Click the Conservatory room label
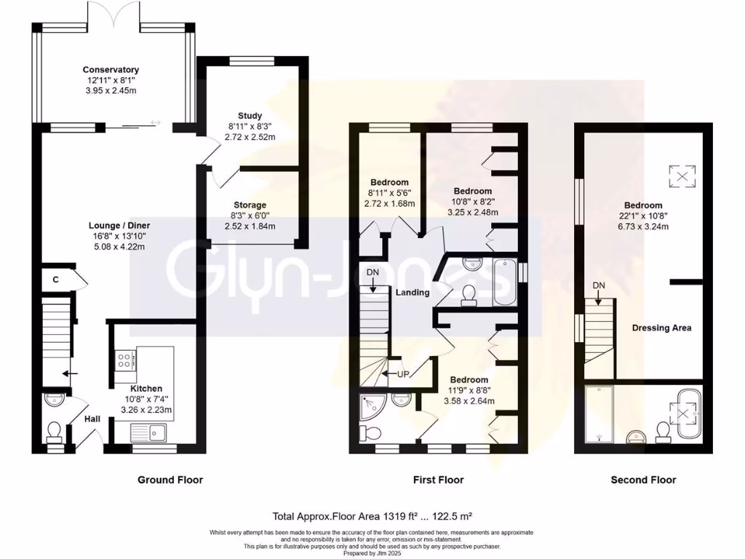111,70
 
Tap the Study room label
250,116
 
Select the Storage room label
250,205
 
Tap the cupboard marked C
55,279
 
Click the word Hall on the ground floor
91,420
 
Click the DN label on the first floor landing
372,272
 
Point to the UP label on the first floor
405,374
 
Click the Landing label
413,293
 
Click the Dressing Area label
661,328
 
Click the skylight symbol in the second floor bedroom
682,175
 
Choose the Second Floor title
643,480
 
